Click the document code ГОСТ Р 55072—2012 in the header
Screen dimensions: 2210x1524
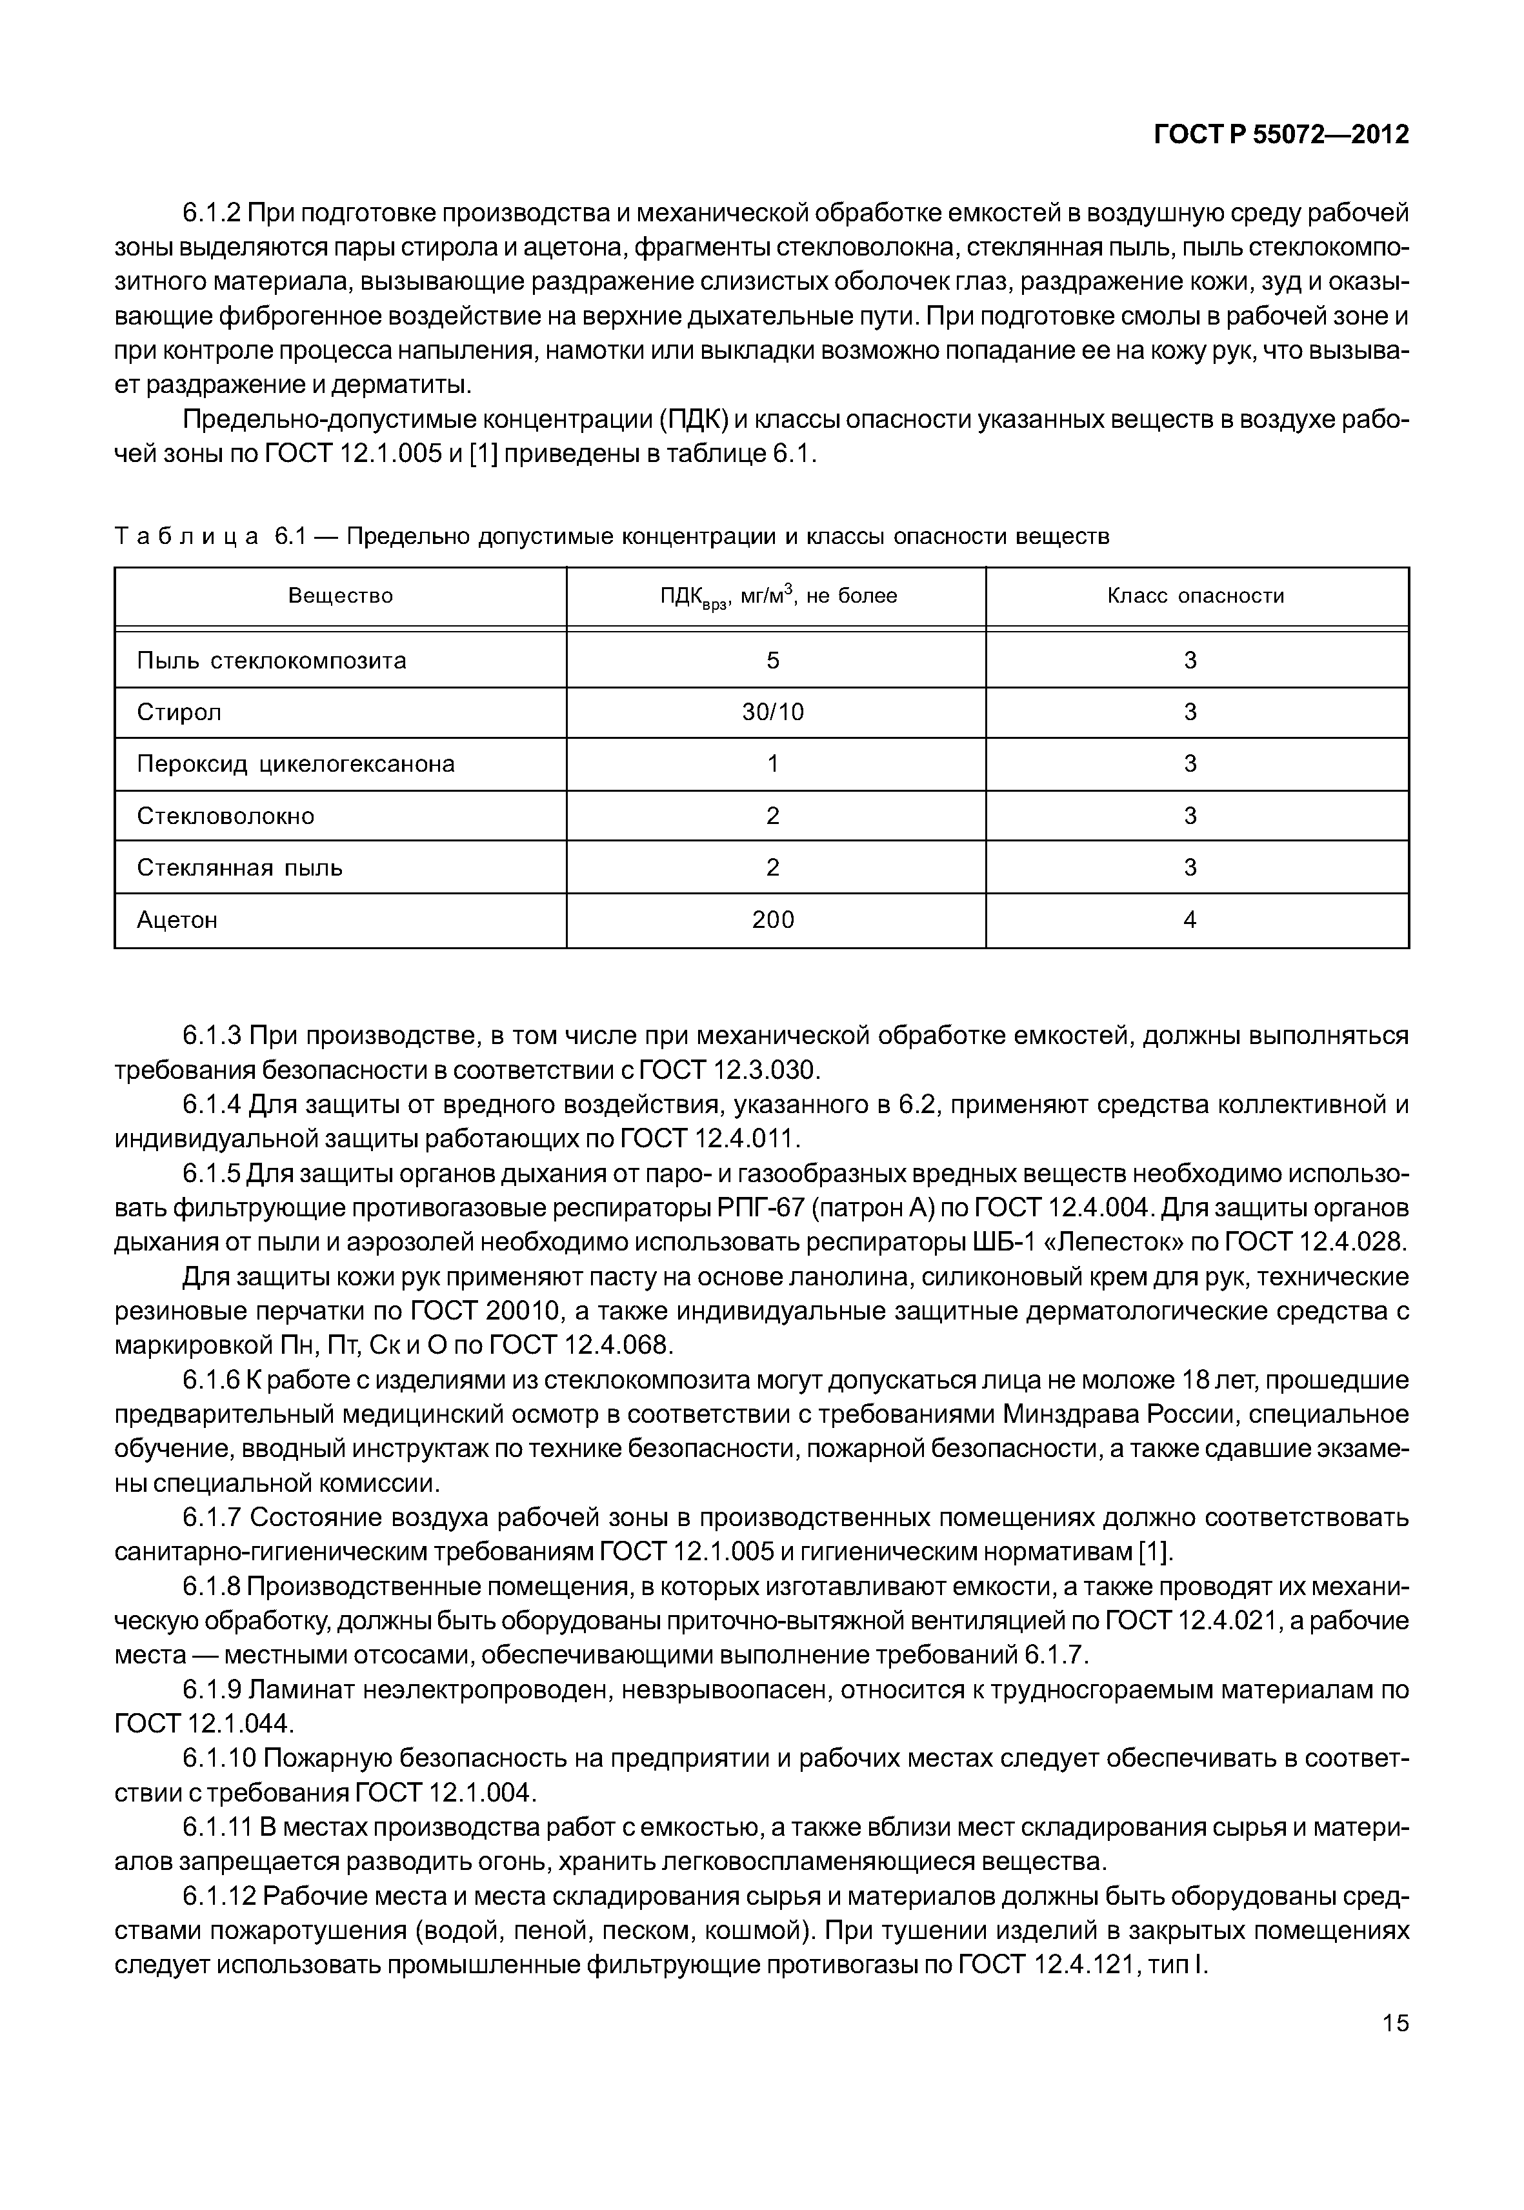coord(1281,136)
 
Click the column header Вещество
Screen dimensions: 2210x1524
coord(341,597)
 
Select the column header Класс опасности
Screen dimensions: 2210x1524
coord(1196,597)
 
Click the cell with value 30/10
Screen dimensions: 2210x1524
coord(774,712)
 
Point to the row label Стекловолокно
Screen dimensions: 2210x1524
coord(225,817)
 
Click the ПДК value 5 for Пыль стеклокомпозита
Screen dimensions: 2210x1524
coord(774,661)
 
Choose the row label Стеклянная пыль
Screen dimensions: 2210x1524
coord(239,868)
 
